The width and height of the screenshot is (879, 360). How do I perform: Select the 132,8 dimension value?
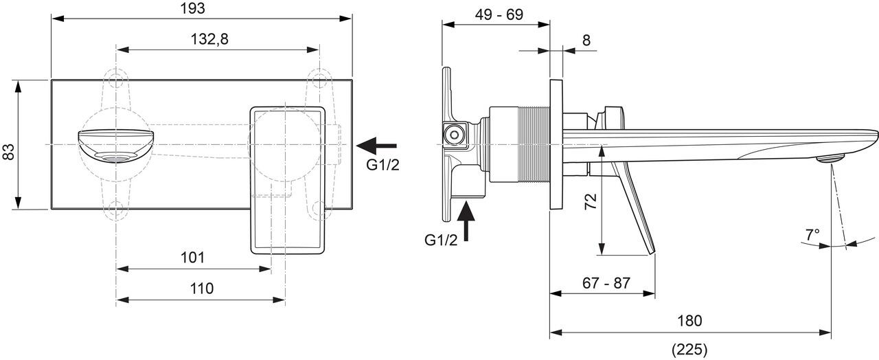click(209, 39)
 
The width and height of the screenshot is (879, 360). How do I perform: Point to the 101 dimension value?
click(193, 258)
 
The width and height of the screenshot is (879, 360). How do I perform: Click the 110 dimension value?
click(201, 289)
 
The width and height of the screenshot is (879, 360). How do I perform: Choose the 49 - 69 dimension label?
click(496, 13)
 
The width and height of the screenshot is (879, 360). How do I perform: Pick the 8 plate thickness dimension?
click(586, 40)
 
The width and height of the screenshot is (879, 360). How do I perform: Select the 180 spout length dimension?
click(690, 321)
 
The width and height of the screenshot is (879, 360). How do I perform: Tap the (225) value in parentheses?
click(689, 349)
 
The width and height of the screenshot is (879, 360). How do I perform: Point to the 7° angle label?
click(812, 234)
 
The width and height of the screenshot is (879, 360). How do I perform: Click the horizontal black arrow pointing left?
click(376, 145)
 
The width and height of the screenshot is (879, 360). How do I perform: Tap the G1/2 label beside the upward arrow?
click(441, 239)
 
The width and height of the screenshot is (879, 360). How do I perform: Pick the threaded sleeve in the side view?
click(524, 145)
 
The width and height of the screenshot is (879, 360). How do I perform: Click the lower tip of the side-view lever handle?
click(651, 252)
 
